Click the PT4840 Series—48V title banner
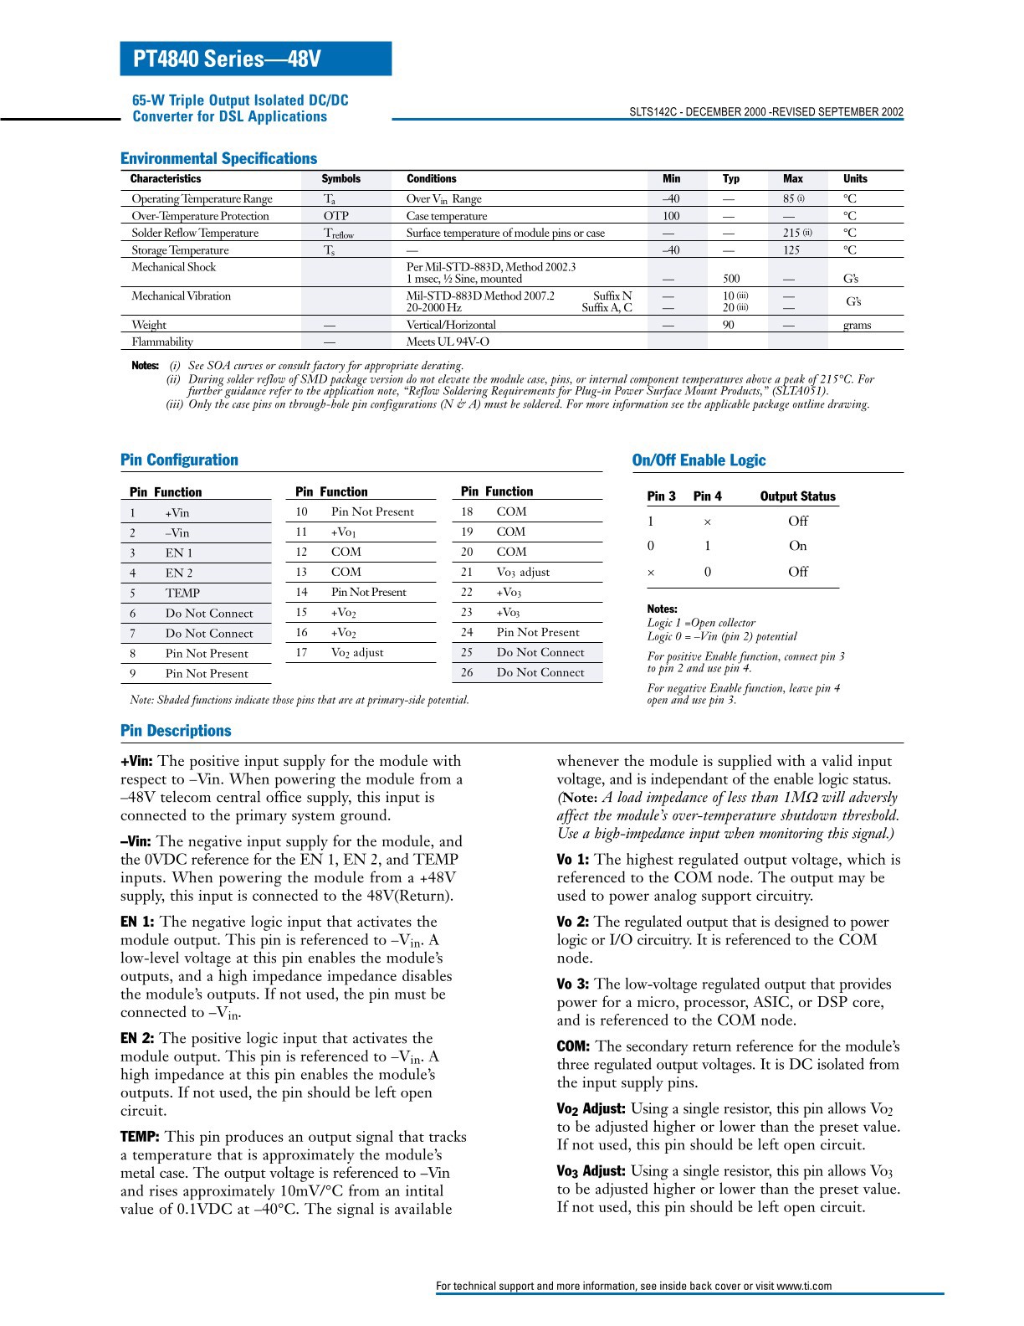coord(255,59)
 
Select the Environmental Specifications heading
coord(218,158)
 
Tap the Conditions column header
coord(431,178)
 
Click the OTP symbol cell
coord(335,216)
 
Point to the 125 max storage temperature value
coord(791,250)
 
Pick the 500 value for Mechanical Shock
coord(731,279)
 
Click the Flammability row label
coord(162,342)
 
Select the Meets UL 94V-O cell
coord(448,342)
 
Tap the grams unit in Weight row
coord(857,325)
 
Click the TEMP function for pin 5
coord(182,593)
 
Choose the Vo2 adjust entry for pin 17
coord(357,653)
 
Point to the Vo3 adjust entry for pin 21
coord(523,573)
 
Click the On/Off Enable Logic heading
coord(699,460)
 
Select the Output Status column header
coord(797,496)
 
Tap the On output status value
coord(797,546)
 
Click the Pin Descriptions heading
coord(176,731)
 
